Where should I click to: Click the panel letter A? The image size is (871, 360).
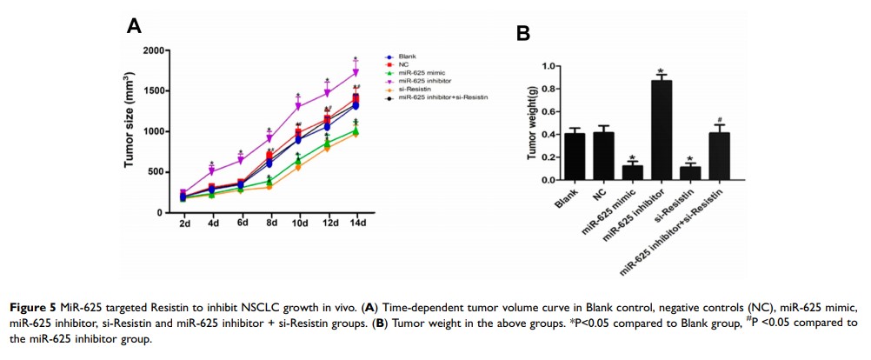(x=134, y=26)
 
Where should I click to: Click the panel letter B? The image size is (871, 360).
(x=523, y=33)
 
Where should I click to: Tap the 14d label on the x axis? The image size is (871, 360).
(x=356, y=224)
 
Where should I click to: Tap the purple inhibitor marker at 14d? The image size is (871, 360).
(x=356, y=73)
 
